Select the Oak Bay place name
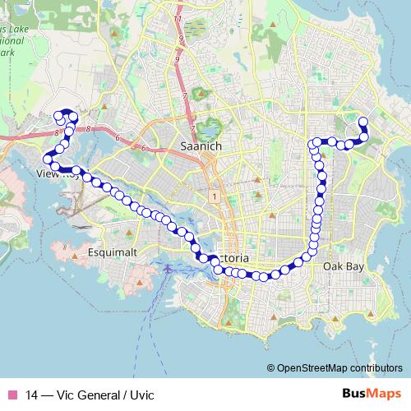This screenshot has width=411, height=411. (342, 267)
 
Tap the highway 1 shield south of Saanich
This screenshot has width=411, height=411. (212, 196)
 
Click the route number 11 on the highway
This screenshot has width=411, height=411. (177, 17)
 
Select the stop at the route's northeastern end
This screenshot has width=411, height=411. (363, 122)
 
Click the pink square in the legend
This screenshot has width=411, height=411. (12, 395)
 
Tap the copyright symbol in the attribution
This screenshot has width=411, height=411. (271, 368)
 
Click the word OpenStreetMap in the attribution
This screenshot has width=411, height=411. (309, 368)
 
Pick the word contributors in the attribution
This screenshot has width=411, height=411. (374, 368)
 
